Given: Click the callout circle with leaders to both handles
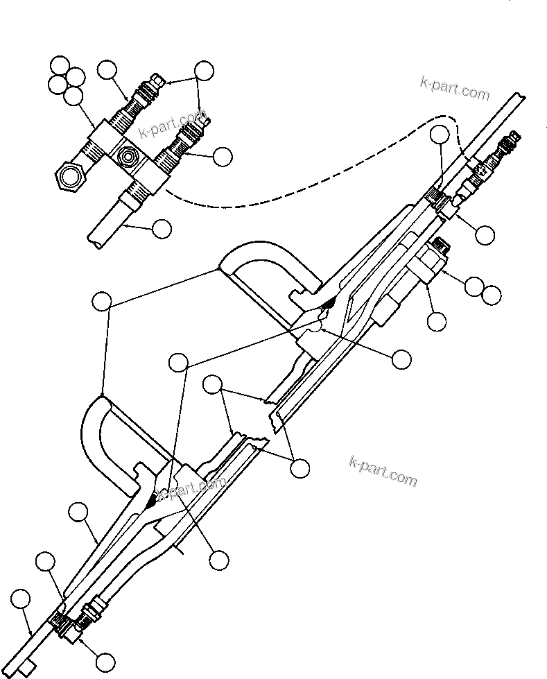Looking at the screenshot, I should (102, 301).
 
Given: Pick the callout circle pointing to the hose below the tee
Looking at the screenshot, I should (161, 228).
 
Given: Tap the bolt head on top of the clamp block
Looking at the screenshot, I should (441, 246).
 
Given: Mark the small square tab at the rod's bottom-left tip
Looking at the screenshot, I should (28, 668).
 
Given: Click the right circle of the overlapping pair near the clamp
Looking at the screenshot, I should (492, 295).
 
